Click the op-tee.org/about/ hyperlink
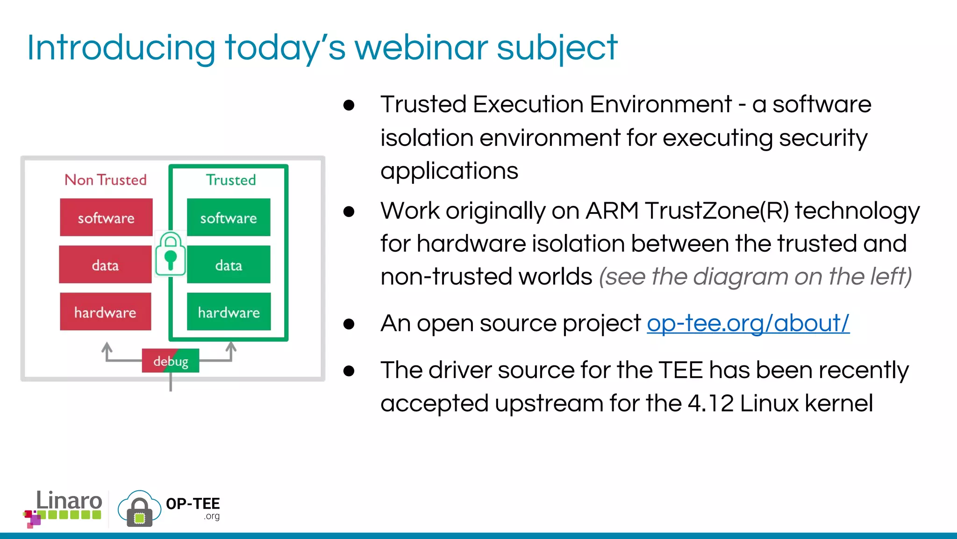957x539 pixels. (748, 323)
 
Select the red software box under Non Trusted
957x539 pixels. (106, 218)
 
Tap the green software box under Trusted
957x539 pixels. (229, 218)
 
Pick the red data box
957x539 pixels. (105, 265)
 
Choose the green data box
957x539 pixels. (229, 265)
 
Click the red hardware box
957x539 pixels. (105, 312)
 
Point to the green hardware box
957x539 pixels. (229, 312)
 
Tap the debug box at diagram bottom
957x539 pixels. (171, 361)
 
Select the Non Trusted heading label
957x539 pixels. (106, 180)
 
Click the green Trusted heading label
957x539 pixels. (231, 180)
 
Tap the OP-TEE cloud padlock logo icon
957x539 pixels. (139, 509)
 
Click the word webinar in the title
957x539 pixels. (421, 48)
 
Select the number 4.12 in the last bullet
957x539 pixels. (710, 403)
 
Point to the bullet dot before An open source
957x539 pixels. (349, 324)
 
